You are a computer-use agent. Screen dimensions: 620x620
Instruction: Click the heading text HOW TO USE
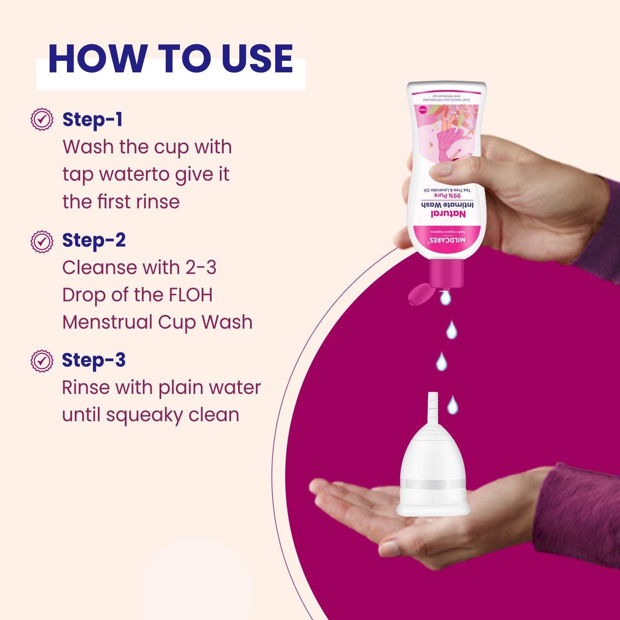(x=171, y=59)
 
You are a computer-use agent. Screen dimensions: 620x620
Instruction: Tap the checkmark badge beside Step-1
(x=42, y=120)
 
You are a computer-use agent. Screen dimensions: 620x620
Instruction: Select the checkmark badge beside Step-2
(x=42, y=242)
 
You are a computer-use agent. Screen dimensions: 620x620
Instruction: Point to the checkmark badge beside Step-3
(x=42, y=361)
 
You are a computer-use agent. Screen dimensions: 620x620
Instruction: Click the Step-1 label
(x=93, y=120)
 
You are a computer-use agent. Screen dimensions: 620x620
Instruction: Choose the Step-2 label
(x=94, y=240)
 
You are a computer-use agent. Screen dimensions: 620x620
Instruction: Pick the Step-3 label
(x=94, y=360)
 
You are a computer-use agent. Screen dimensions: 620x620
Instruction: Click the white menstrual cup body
(x=432, y=468)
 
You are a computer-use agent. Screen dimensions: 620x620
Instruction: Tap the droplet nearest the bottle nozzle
(x=445, y=297)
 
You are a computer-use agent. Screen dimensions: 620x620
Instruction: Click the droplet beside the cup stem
(x=452, y=405)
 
